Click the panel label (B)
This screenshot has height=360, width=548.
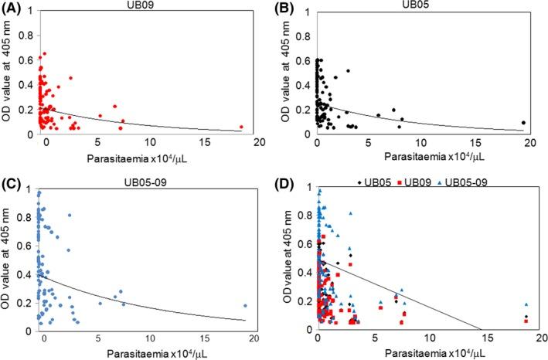(286, 9)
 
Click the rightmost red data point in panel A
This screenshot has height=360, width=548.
(241, 127)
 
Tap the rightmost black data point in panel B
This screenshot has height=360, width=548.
(523, 122)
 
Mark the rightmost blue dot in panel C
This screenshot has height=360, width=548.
(245, 305)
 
